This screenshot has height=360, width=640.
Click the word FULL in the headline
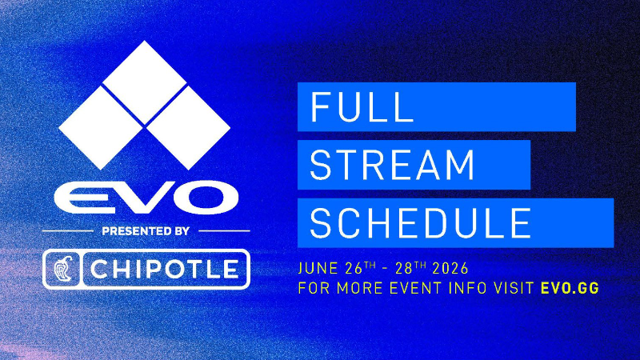(x=362, y=107)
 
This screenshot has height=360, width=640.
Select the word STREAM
(x=392, y=165)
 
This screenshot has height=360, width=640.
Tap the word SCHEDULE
(x=421, y=223)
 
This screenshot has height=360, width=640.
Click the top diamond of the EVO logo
(x=145, y=82)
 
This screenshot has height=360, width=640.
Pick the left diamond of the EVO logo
(x=101, y=128)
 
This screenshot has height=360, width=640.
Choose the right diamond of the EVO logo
(x=189, y=128)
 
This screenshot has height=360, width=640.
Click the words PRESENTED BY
(x=146, y=231)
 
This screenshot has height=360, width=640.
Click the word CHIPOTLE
(x=164, y=269)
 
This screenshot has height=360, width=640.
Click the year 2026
(x=450, y=269)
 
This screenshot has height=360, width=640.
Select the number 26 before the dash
(x=354, y=269)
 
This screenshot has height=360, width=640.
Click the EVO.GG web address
(x=570, y=288)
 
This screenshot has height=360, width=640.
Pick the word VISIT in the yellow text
(x=514, y=288)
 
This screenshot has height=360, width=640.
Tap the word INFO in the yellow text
(x=467, y=288)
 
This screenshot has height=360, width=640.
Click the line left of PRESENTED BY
(x=68, y=231)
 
